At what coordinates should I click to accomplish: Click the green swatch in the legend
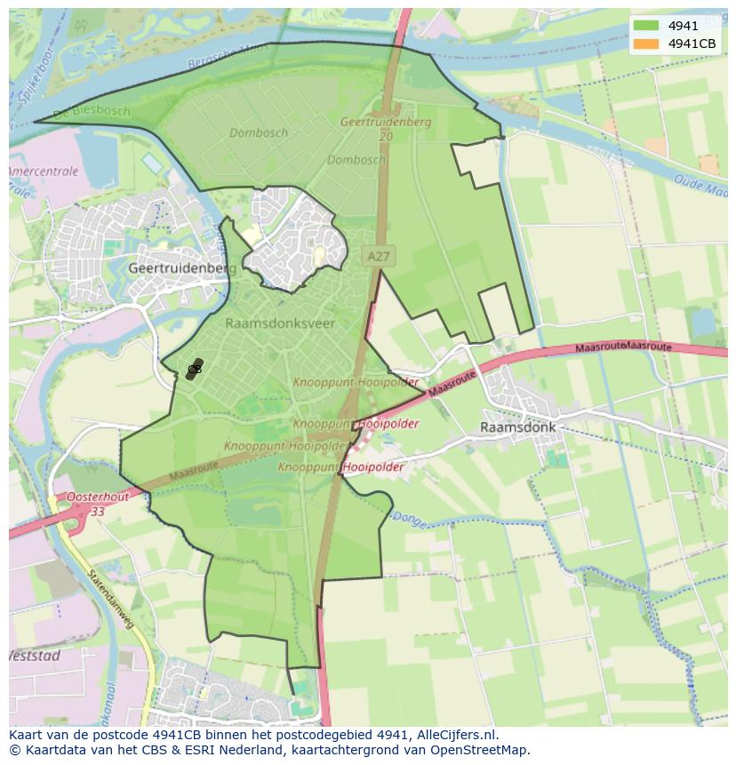coord(647,26)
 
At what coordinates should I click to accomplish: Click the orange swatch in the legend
coord(647,44)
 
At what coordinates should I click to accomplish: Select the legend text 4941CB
coord(692,44)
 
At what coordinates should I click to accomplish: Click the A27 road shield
coord(378,256)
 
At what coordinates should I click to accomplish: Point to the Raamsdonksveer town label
coord(280,323)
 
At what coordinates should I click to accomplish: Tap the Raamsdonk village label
coord(517,426)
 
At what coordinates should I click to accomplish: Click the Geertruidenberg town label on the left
coord(182,267)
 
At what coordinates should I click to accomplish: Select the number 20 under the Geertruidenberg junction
coord(386,137)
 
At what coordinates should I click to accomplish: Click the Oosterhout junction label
coord(97,498)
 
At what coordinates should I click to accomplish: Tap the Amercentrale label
coord(44,171)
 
